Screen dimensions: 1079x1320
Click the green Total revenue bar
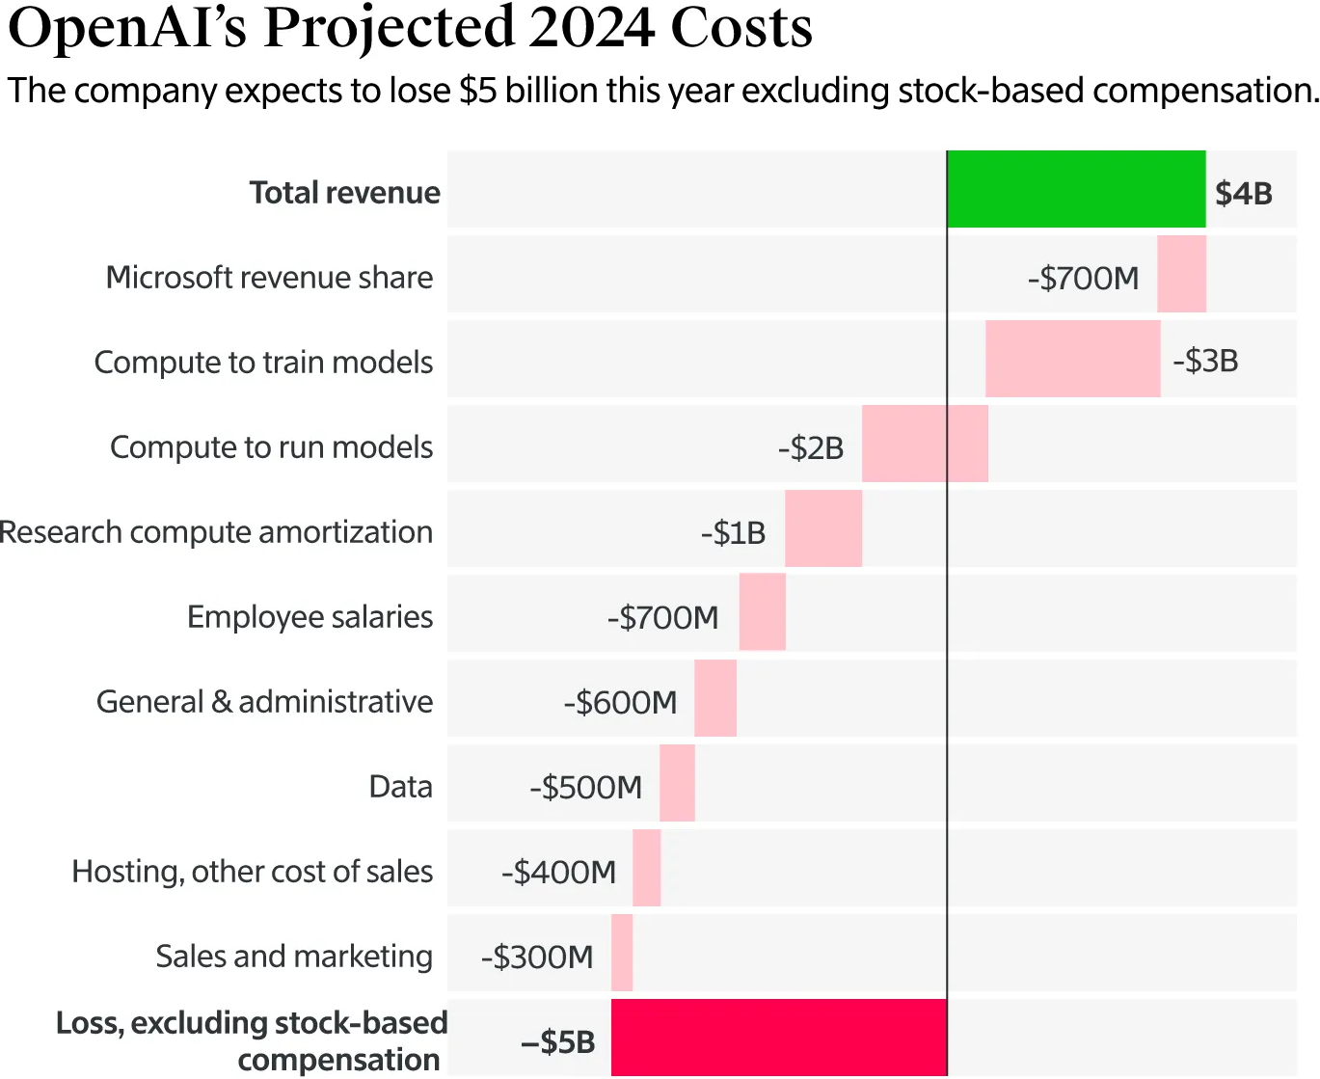click(x=1076, y=190)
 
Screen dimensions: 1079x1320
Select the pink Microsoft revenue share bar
click(x=1181, y=275)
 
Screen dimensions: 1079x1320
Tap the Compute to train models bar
click(x=1072, y=360)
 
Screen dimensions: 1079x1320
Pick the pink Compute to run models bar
click(x=925, y=445)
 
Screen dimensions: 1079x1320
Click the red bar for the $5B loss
click(x=779, y=1038)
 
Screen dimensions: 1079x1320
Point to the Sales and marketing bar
click(x=622, y=954)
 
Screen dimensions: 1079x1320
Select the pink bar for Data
click(x=677, y=784)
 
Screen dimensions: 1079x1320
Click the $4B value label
click(x=1243, y=194)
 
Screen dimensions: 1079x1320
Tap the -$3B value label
click(x=1205, y=362)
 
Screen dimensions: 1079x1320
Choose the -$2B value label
click(x=811, y=448)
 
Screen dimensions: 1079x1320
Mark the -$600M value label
click(x=621, y=703)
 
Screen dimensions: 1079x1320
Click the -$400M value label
click(x=558, y=873)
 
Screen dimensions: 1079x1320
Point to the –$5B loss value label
click(x=558, y=1042)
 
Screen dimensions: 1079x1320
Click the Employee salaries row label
click(x=310, y=617)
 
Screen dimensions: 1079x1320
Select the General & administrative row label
click(x=264, y=702)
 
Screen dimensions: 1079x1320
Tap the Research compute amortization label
click(x=216, y=532)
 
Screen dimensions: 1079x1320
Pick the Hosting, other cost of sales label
click(x=252, y=872)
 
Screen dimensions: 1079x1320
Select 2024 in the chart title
click(x=592, y=29)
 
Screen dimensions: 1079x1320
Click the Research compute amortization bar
click(x=822, y=529)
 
